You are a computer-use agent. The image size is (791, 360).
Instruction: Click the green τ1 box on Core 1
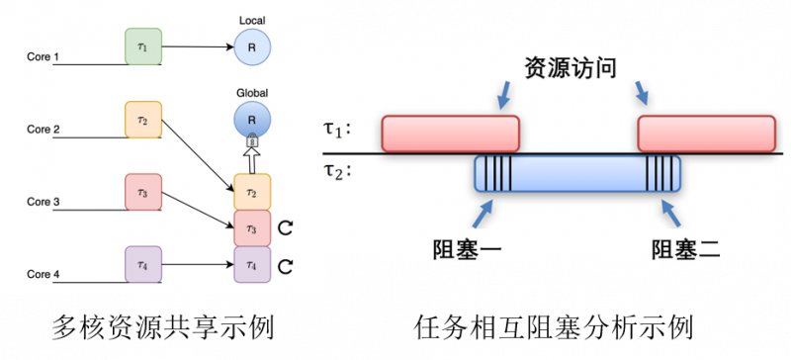click(142, 46)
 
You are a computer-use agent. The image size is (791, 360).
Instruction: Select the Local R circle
click(251, 46)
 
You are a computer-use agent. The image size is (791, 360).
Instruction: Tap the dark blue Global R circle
click(251, 120)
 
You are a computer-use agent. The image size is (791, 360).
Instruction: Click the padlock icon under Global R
click(251, 140)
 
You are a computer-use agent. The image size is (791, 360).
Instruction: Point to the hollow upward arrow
click(251, 158)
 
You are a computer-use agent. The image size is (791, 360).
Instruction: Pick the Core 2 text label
click(44, 130)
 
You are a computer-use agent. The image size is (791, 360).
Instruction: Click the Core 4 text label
click(44, 274)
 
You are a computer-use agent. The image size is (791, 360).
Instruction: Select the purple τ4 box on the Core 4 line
click(142, 264)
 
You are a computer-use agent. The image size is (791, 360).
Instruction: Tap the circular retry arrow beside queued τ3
click(286, 229)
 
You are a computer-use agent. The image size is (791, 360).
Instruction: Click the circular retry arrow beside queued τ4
click(286, 266)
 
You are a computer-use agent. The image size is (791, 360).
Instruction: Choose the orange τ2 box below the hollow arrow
click(251, 191)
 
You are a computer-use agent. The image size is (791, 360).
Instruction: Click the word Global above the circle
click(251, 94)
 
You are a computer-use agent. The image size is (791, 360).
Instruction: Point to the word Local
click(251, 20)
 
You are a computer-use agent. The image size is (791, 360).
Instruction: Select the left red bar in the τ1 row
click(451, 134)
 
